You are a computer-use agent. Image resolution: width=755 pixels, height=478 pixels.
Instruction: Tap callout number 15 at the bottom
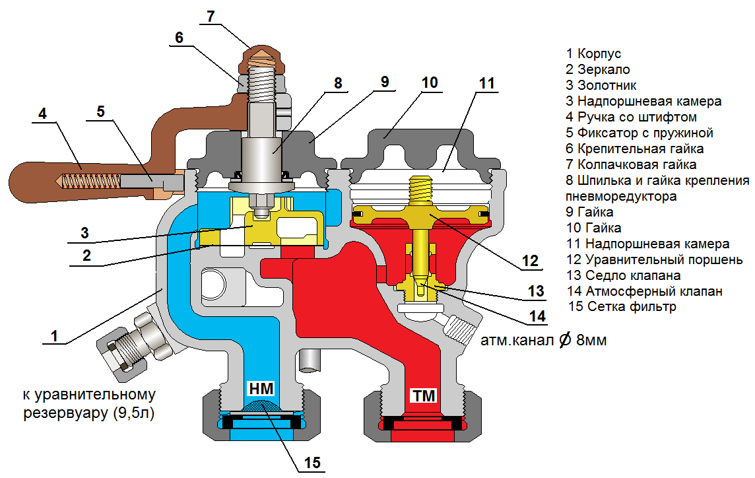(313, 463)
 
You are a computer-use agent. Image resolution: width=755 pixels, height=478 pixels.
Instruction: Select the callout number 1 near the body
(55, 335)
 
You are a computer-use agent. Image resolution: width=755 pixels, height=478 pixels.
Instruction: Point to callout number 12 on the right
(530, 260)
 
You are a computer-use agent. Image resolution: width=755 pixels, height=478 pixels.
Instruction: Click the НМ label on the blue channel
(261, 388)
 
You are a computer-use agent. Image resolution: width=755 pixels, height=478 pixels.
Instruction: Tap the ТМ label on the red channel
(424, 395)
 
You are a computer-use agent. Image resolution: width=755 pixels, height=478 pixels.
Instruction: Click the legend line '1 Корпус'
(593, 53)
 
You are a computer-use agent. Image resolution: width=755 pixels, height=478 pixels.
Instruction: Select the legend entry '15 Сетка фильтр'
(622, 307)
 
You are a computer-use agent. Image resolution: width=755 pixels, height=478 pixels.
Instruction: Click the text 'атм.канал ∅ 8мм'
(543, 341)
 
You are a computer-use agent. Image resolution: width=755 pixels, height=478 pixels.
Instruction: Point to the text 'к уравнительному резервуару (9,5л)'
(89, 404)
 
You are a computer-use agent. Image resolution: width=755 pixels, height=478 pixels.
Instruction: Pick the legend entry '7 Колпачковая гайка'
(631, 164)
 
